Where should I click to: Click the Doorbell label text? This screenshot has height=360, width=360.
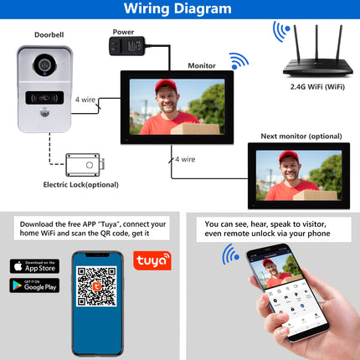pyautogui.click(x=47, y=35)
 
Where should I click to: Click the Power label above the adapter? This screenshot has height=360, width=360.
pyautogui.click(x=122, y=31)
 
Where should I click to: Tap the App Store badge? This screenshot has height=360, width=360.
pyautogui.click(x=34, y=266)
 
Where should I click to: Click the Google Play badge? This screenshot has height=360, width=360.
pyautogui.click(x=34, y=285)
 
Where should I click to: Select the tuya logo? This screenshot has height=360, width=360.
pyautogui.click(x=152, y=260)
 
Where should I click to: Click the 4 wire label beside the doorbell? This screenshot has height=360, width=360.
pyautogui.click(x=85, y=100)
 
